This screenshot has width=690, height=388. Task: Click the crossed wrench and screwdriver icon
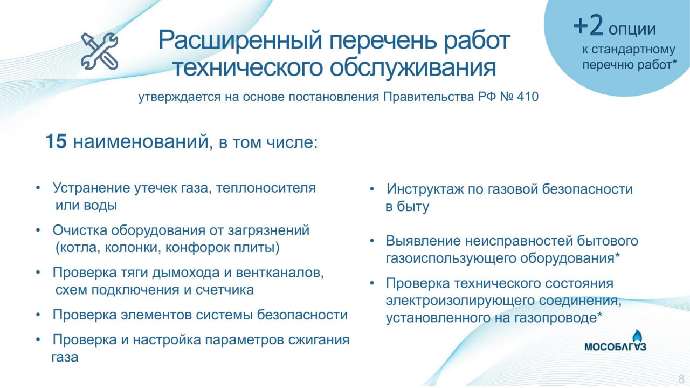click(99, 51)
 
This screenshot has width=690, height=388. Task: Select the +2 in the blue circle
click(589, 26)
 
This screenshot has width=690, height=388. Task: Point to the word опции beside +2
click(632, 28)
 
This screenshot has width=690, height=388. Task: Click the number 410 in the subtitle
click(527, 98)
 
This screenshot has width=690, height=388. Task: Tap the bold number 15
click(56, 142)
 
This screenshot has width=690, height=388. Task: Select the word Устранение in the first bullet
click(91, 188)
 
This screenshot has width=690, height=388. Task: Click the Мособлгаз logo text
click(615, 346)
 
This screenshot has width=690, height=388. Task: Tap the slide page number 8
click(681, 378)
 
